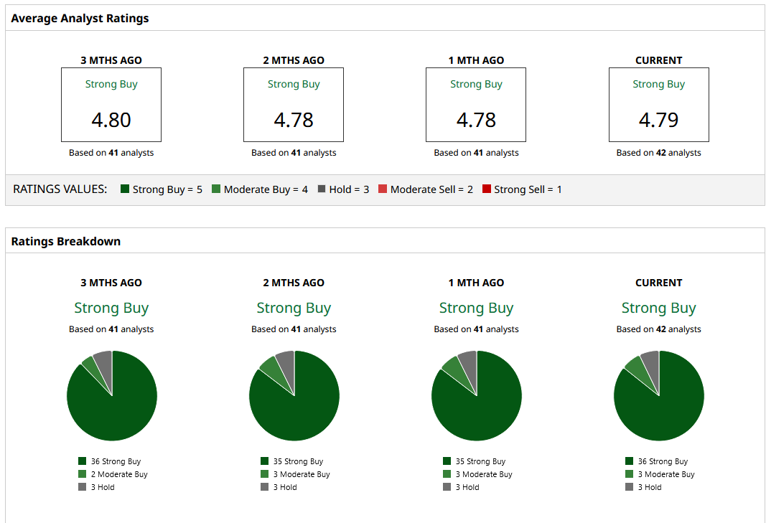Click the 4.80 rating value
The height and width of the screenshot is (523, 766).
click(x=111, y=119)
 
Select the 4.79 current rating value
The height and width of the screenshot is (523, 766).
click(x=658, y=119)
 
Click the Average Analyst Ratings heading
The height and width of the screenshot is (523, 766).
click(x=80, y=18)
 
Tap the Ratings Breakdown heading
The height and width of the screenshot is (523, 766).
click(x=65, y=241)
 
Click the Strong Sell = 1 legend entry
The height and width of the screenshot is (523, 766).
click(x=522, y=189)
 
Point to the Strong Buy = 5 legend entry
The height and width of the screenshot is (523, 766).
click(x=162, y=189)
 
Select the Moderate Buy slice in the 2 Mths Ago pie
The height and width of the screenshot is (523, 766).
click(x=271, y=368)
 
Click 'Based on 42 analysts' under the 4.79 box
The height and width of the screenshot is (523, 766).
click(x=658, y=153)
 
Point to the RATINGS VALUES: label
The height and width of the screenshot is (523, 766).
click(x=60, y=189)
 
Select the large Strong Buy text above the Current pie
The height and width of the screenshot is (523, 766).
click(x=658, y=308)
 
